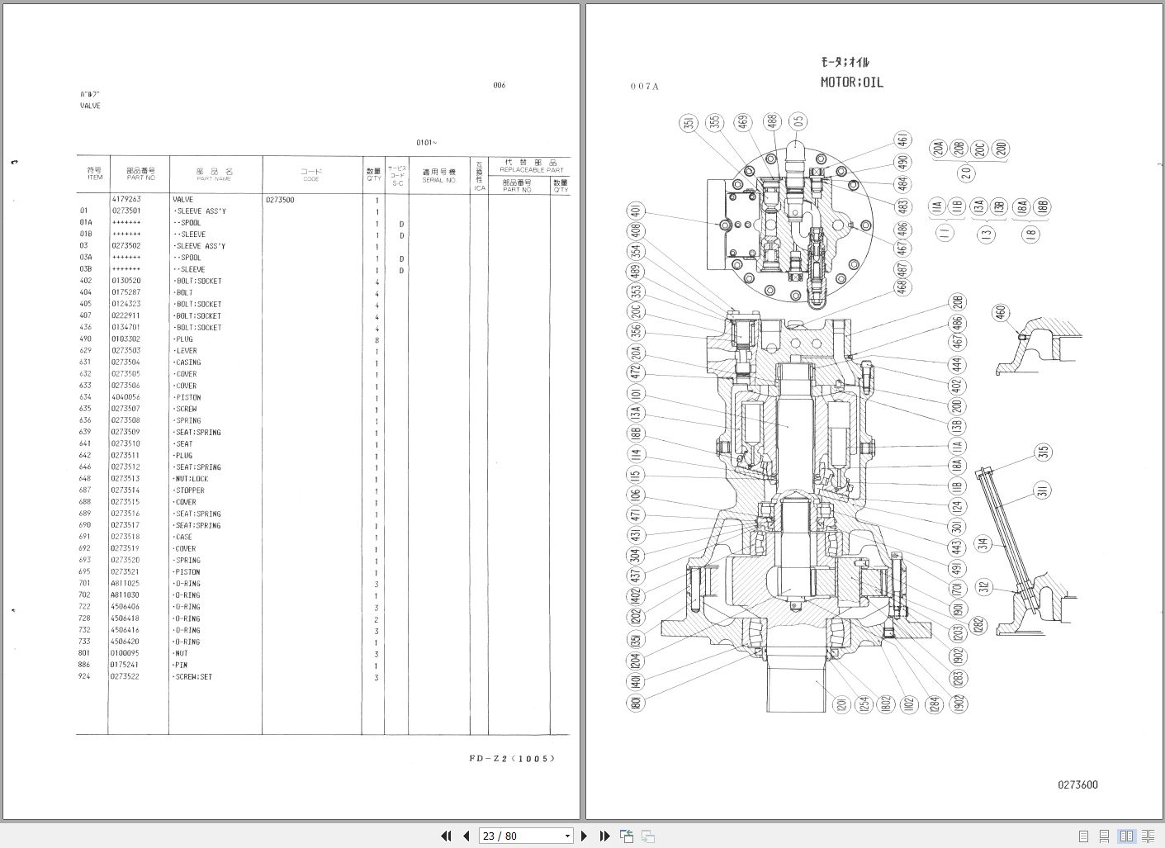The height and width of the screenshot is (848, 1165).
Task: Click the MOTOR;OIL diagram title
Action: coord(851,83)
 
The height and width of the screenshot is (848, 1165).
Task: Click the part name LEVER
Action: coord(186,351)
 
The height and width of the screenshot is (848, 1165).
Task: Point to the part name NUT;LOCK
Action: coord(192,479)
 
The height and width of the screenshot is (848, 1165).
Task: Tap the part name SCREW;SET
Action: coord(193,677)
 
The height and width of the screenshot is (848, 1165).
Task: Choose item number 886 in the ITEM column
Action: coord(84,665)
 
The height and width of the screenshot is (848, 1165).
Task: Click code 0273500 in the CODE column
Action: coord(280,200)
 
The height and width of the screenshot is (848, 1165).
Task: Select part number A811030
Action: coord(125,595)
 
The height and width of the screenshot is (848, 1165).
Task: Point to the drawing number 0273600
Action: coord(1077,785)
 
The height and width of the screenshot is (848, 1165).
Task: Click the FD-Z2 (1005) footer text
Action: coord(512,759)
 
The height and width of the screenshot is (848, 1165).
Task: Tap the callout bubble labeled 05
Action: coord(798,122)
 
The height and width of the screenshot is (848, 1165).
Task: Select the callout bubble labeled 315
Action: coord(1044,453)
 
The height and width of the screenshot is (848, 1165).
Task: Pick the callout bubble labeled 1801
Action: coord(636,703)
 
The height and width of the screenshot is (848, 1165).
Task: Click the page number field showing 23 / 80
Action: coord(525,836)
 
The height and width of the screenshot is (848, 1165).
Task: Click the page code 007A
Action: coord(645,86)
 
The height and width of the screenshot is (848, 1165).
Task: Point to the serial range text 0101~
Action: coord(427,143)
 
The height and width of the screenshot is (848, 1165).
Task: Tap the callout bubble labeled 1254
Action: coord(864,704)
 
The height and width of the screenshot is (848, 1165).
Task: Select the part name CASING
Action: coord(187,362)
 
